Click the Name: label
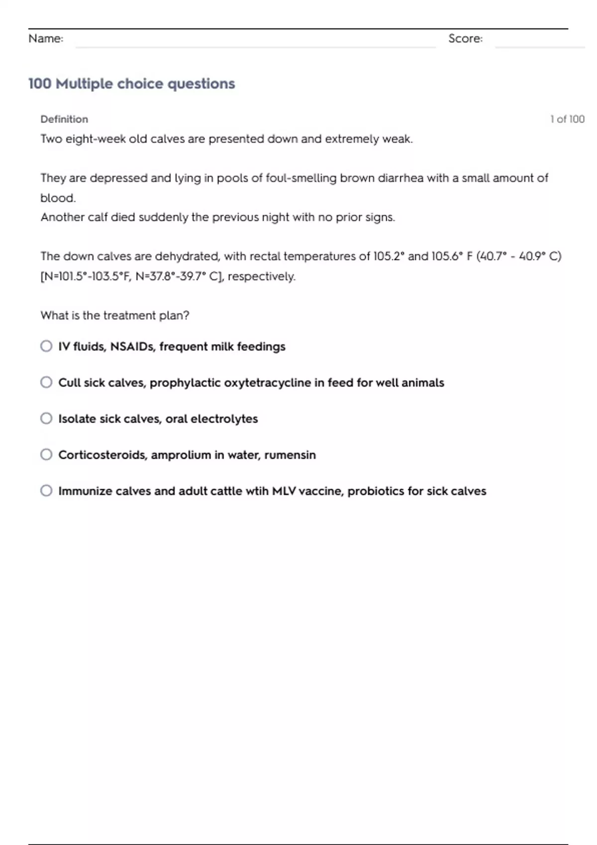point(46,39)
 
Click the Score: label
point(465,39)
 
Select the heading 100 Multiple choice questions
point(131,84)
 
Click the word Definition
point(64,119)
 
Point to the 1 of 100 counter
point(567,119)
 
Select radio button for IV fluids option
point(46,346)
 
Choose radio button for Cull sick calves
point(46,382)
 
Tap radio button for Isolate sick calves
point(46,419)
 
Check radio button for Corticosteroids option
point(46,455)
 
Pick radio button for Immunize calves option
point(46,491)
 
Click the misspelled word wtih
point(257,491)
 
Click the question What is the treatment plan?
point(115,316)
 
